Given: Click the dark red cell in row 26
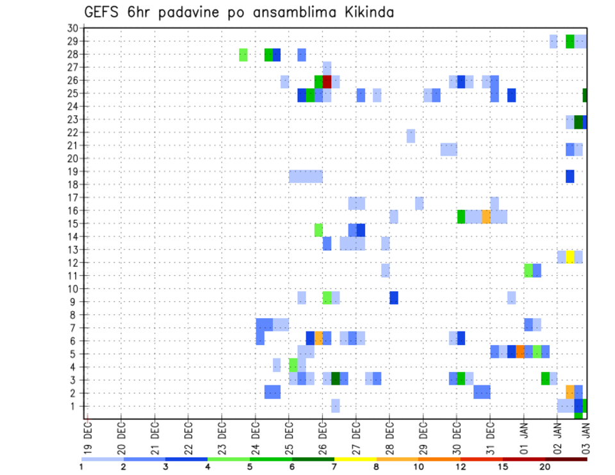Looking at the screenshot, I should pyautogui.click(x=327, y=81).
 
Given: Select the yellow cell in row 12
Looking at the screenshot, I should pyautogui.click(x=570, y=257).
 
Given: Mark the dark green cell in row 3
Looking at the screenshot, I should pyautogui.click(x=335, y=378).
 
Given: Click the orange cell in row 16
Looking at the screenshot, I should pyautogui.click(x=486, y=216).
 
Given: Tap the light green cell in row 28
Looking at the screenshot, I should pyautogui.click(x=243, y=55).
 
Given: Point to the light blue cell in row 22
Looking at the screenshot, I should pyautogui.click(x=411, y=136).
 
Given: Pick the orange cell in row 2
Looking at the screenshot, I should pyautogui.click(x=570, y=392).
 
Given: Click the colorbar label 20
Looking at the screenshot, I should pyautogui.click(x=545, y=465).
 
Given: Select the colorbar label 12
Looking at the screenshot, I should pyautogui.click(x=461, y=465).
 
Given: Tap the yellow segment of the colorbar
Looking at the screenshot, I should pyautogui.click(x=356, y=458).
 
